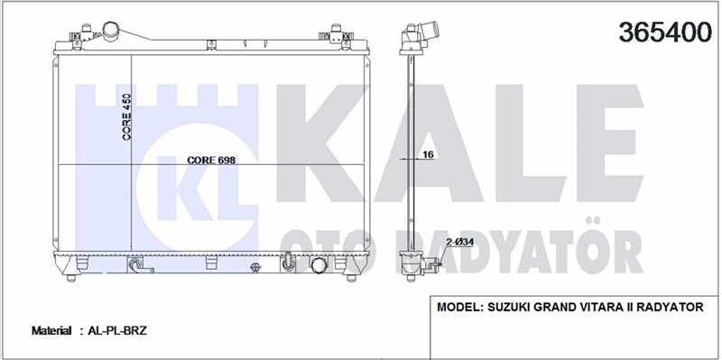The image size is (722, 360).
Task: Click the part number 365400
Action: pos(665,32)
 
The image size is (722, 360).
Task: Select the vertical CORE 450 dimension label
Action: pos(126,117)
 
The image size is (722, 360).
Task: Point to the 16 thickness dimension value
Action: pos(428,154)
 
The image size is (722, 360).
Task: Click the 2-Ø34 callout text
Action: pos(459,242)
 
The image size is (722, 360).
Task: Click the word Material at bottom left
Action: pos(51,330)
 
